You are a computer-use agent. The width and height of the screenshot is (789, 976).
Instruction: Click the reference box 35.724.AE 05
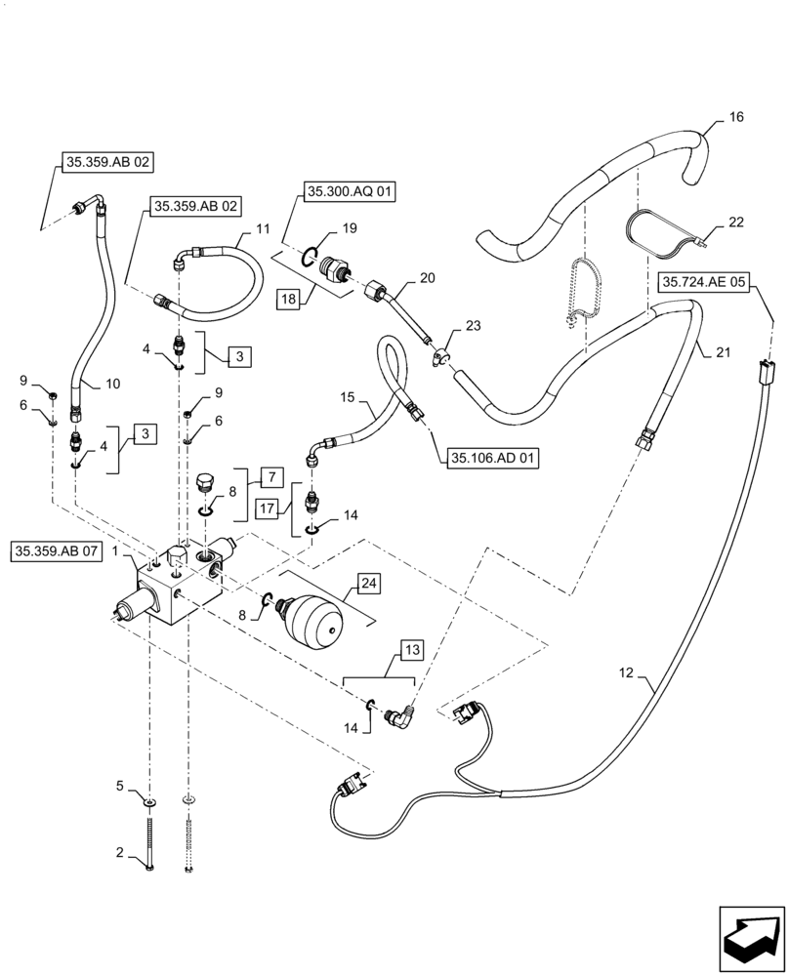tap(705, 283)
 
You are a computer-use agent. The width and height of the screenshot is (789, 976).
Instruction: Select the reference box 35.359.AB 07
tap(56, 550)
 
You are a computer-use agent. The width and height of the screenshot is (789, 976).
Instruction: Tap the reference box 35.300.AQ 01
tap(350, 193)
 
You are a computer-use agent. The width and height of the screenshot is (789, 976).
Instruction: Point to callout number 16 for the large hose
tap(735, 117)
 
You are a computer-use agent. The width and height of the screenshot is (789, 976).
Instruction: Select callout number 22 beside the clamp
tap(734, 223)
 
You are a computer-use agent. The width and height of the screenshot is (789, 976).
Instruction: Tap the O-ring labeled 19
tap(308, 257)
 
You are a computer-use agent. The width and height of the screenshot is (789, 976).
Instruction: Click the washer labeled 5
tap(149, 800)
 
